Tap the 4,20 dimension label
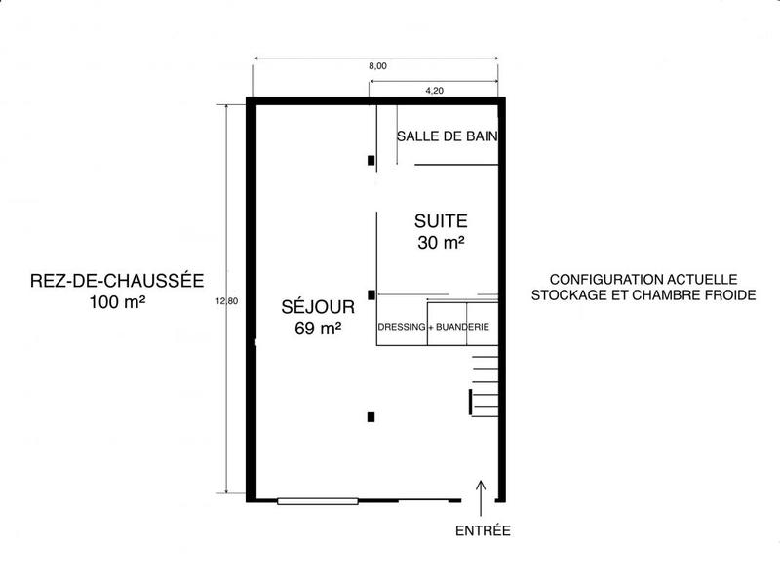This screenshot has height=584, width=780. [435, 91]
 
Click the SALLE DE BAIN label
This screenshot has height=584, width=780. [448, 137]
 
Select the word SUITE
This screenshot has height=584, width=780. [441, 220]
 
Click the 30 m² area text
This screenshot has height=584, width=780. [441, 243]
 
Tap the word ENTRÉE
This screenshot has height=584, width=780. [484, 531]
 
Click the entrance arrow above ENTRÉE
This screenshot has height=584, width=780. [482, 492]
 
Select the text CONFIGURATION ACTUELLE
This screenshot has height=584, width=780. [644, 278]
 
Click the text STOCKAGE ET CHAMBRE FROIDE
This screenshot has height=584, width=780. [644, 295]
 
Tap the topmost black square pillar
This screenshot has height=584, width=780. [370, 160]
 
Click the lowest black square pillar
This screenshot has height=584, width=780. [370, 417]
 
